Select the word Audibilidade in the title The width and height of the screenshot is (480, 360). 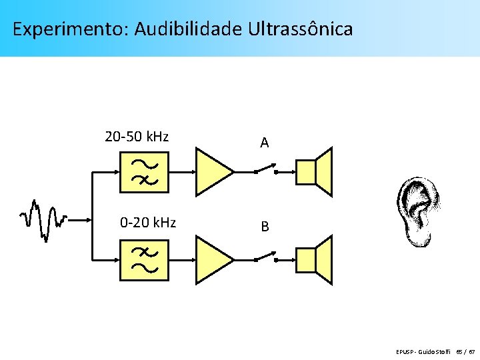188,30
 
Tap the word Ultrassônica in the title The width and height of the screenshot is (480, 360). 301,30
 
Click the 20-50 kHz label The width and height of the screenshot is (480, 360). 137,137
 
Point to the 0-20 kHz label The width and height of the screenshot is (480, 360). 147,222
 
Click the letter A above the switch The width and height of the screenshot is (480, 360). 265,143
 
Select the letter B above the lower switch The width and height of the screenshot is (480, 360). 265,227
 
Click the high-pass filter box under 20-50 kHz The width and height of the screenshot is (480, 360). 143,171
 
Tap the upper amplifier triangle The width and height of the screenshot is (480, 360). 212,171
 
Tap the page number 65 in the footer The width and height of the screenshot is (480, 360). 459,351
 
